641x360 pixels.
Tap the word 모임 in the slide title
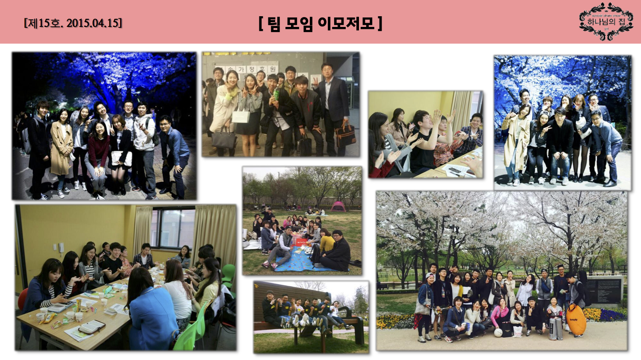click(x=299, y=23)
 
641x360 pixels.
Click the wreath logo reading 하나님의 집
click(x=606, y=21)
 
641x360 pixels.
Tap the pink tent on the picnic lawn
click(x=338, y=206)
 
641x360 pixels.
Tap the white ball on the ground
click(x=498, y=332)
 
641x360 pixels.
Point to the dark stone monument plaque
click(x=603, y=290)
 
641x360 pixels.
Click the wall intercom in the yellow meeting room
click(x=62, y=248)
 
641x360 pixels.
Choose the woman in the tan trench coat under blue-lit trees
click(x=62, y=147)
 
